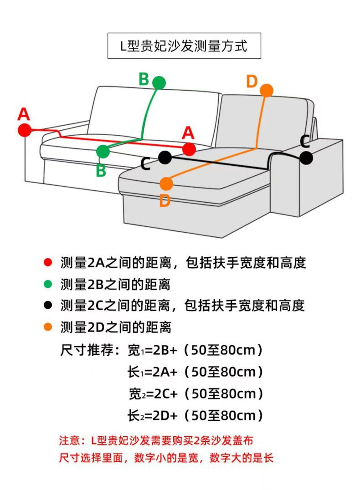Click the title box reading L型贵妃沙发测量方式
[x=184, y=46]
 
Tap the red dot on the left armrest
[x=25, y=130]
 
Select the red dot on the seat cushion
[x=189, y=149]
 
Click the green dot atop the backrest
[x=159, y=82]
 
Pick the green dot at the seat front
[x=103, y=151]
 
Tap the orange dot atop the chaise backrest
[x=267, y=90]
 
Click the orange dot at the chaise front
[x=166, y=184]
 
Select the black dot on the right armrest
[x=306, y=158]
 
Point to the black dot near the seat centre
[x=165, y=158]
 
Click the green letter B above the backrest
[x=144, y=79]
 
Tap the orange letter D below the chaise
[x=165, y=201]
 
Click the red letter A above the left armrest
[x=24, y=114]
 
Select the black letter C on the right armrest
[x=305, y=141]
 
